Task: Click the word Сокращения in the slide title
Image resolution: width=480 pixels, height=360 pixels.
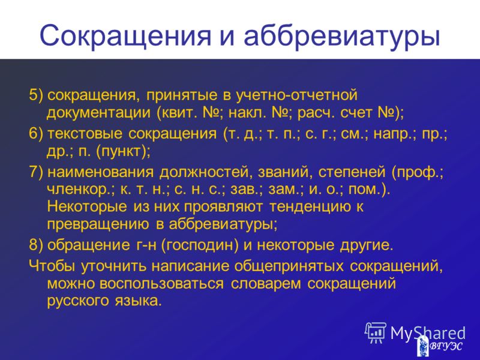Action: [x=125, y=36]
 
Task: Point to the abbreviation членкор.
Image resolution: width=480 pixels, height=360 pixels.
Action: [x=80, y=190]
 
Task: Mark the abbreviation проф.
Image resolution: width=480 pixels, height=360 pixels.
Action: [x=417, y=172]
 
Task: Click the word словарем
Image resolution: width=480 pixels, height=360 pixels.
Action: [x=266, y=284]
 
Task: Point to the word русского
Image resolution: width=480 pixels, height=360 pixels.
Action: [x=78, y=302]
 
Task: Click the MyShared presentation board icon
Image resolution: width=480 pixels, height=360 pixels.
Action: [x=376, y=332]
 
